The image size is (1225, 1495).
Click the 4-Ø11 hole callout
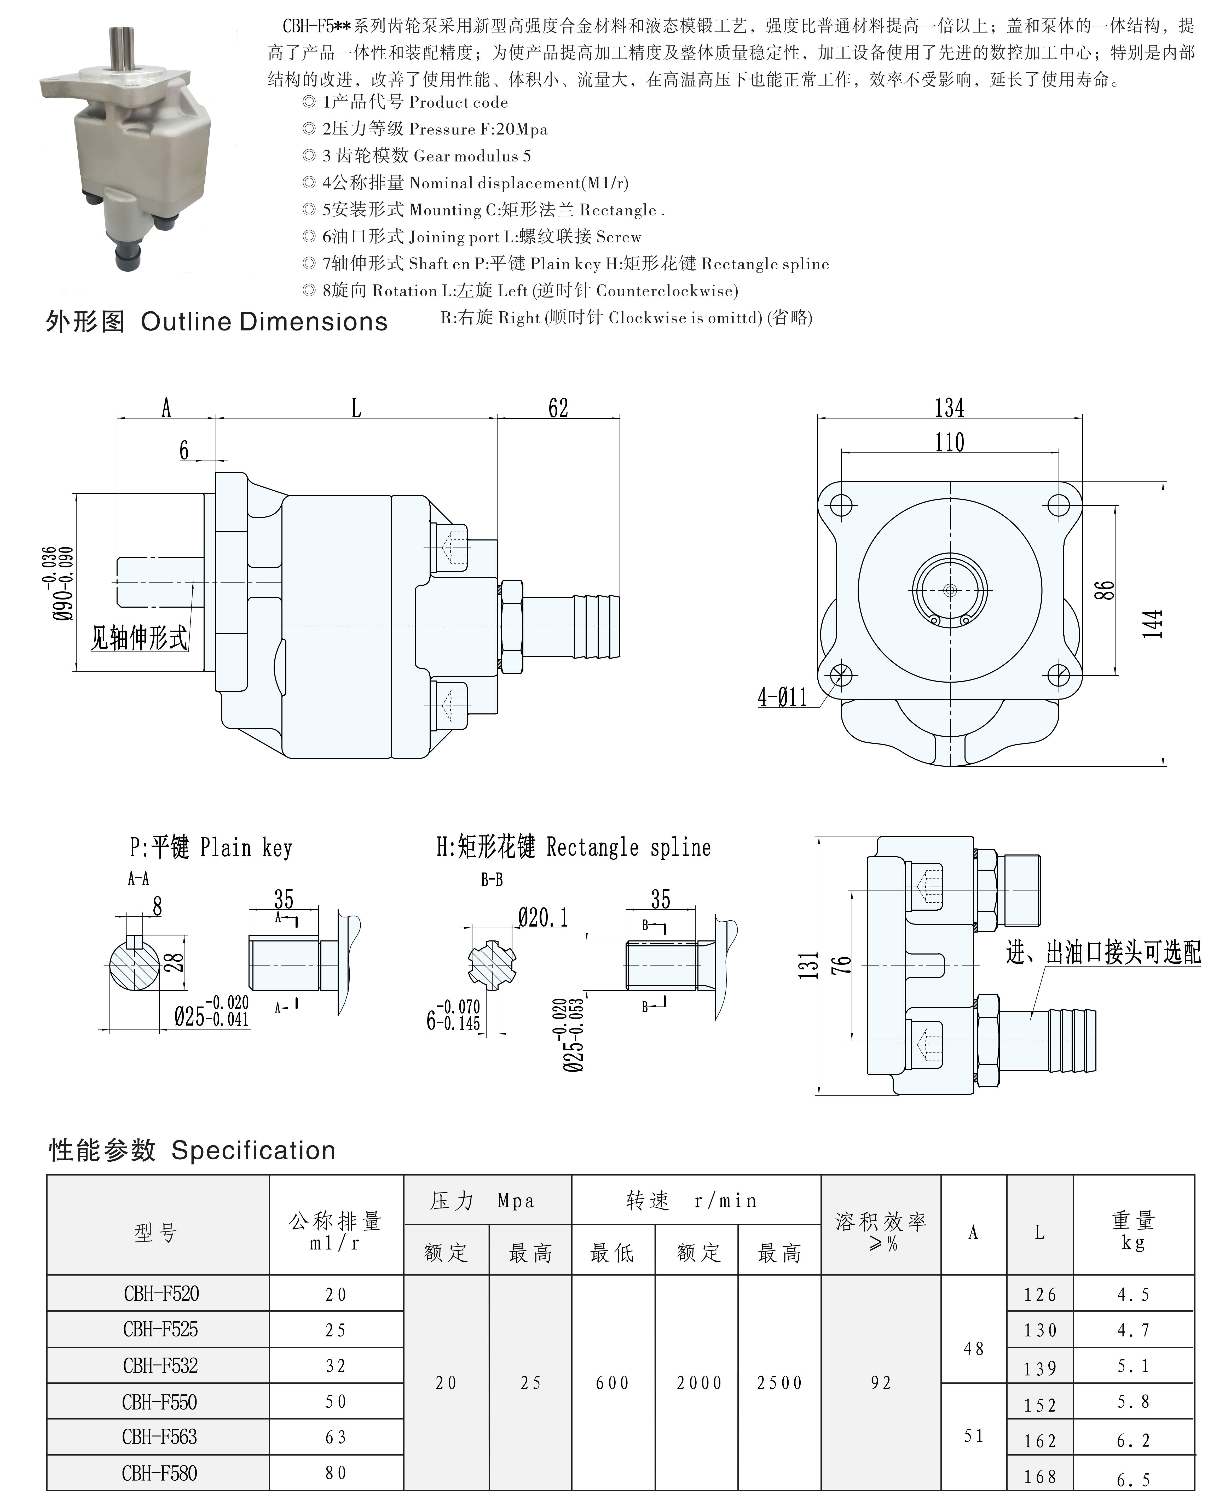782,698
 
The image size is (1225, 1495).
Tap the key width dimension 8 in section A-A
157,907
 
